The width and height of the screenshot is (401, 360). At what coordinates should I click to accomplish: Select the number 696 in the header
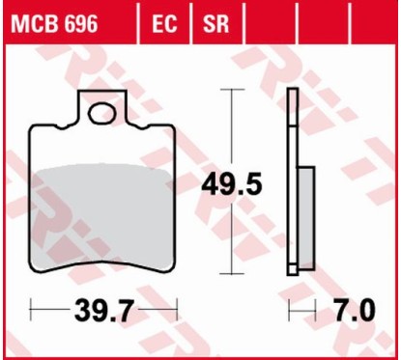click(x=79, y=22)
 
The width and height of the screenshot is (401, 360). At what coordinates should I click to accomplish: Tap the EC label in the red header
click(x=166, y=22)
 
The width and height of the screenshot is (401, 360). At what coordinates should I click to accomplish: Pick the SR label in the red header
click(x=214, y=22)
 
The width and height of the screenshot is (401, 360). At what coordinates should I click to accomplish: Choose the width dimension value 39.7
click(x=105, y=312)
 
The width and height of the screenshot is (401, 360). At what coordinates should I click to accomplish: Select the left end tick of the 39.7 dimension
click(x=32, y=312)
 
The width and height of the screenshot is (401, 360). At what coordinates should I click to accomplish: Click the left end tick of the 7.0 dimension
click(x=289, y=312)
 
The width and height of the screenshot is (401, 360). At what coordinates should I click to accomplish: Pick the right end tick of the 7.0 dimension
click(x=316, y=312)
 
